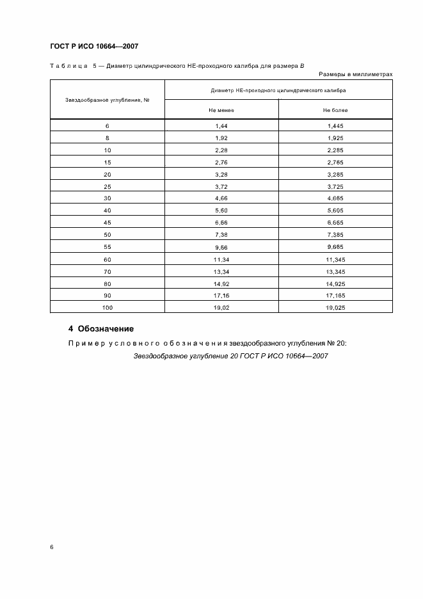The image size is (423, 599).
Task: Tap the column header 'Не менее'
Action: coord(221,110)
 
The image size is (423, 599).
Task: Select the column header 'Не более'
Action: coord(335,110)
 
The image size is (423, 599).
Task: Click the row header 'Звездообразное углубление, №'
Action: coord(108,100)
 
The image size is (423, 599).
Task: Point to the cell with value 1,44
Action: coord(221,126)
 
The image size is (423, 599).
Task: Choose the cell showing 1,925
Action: coord(335,138)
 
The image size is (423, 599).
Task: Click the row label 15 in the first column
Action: coord(108,163)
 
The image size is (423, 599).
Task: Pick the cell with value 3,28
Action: coord(221,175)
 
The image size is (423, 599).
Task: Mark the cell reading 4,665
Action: coord(335,199)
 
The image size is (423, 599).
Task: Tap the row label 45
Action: coord(108,223)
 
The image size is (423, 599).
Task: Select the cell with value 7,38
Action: coord(221,236)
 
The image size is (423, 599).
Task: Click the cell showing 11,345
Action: coord(335,260)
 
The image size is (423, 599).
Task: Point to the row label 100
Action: coord(108,308)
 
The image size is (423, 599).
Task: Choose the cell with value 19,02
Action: coord(221,308)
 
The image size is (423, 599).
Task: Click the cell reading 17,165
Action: coord(335,296)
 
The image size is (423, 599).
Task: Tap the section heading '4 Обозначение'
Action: coord(101,329)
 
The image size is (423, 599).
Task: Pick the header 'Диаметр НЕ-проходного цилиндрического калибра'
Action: coord(278,90)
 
